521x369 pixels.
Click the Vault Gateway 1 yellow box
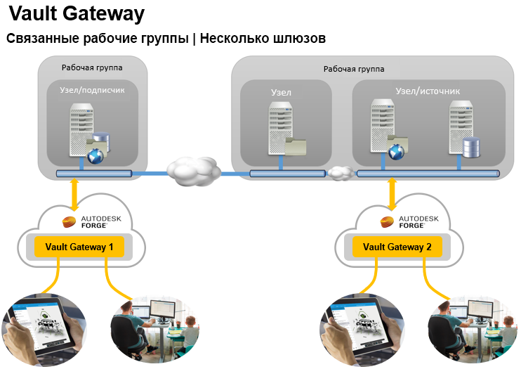79,246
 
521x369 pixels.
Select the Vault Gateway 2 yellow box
397,246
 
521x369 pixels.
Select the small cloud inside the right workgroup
341,172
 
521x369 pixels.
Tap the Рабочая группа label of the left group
92,67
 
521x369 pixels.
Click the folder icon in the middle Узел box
296,145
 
